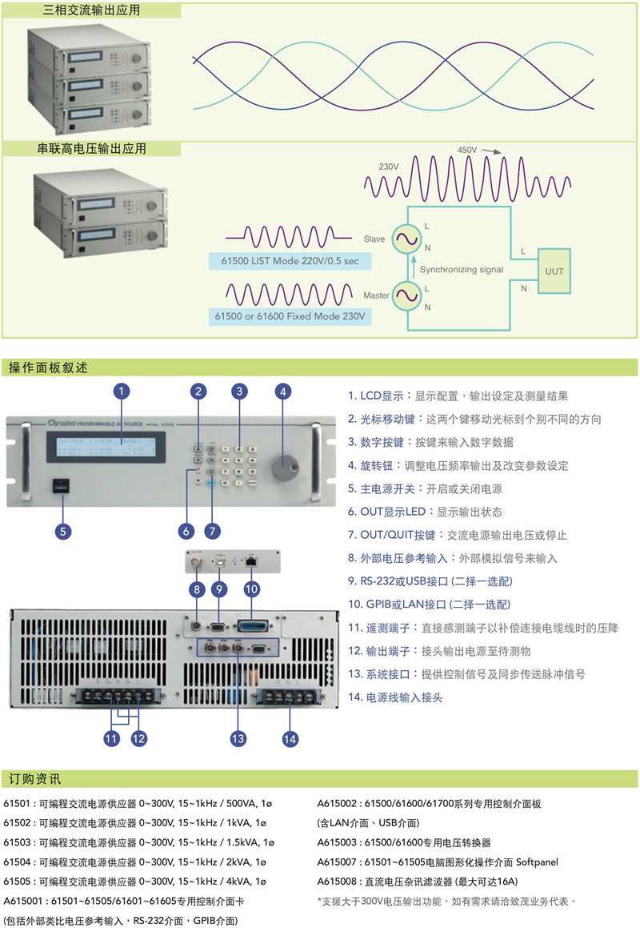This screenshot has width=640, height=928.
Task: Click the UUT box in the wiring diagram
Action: (x=554, y=271)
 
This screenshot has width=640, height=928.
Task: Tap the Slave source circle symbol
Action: (x=405, y=239)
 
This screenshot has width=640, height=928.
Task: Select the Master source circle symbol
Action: (x=405, y=295)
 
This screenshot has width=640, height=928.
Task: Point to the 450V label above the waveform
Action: (x=466, y=151)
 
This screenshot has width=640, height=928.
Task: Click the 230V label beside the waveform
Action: (x=389, y=167)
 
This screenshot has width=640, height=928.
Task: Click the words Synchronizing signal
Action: (x=462, y=270)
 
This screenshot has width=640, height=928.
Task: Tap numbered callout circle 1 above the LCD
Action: (x=122, y=392)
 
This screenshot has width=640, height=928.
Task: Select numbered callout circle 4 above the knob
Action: (x=282, y=392)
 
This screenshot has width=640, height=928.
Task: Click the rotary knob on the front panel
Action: (x=282, y=466)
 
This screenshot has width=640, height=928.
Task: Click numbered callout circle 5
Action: (x=63, y=530)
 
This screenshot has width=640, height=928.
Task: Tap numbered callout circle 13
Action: (x=238, y=739)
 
